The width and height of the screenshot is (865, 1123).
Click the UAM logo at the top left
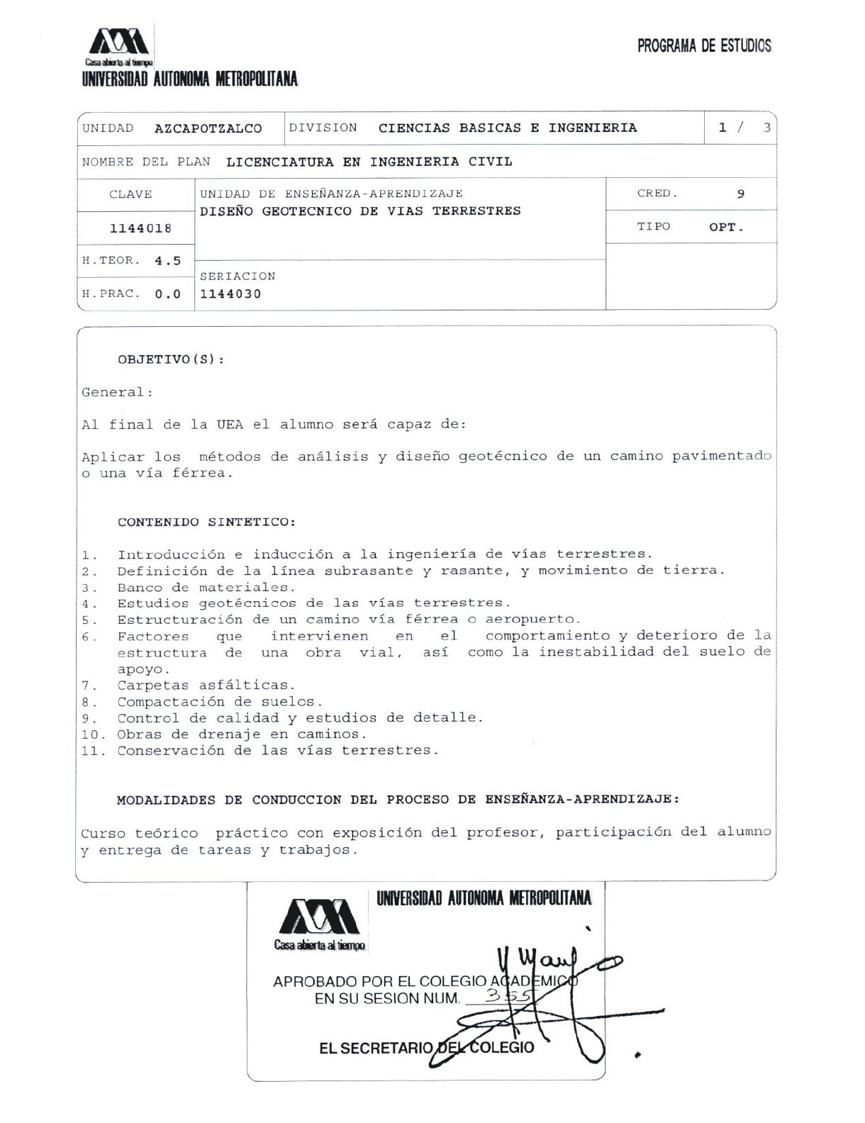click(x=118, y=43)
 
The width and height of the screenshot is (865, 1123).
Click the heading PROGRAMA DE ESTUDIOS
click(x=703, y=46)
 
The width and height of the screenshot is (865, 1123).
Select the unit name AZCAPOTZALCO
click(x=208, y=128)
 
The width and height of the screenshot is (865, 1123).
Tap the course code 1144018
click(x=140, y=228)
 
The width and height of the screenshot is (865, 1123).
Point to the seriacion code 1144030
click(x=230, y=294)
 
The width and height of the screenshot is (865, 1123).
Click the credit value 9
click(x=740, y=194)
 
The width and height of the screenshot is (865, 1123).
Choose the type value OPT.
click(x=726, y=228)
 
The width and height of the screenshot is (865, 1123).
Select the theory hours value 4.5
click(x=168, y=261)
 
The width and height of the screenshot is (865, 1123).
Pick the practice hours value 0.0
click(x=168, y=294)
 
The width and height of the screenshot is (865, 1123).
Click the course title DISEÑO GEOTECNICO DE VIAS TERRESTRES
click(x=360, y=211)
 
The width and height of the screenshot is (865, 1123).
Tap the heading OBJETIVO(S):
click(x=171, y=359)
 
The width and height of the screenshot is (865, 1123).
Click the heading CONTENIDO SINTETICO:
click(x=206, y=523)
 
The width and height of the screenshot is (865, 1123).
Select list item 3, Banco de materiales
click(x=206, y=587)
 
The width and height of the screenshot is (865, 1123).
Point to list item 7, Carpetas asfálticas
click(x=206, y=685)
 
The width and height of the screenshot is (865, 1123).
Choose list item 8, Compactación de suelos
click(x=220, y=701)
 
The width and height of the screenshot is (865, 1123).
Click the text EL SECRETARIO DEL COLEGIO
click(x=426, y=1048)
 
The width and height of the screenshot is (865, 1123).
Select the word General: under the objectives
click(x=117, y=392)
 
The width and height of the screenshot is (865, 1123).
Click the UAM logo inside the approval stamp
click(x=320, y=917)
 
